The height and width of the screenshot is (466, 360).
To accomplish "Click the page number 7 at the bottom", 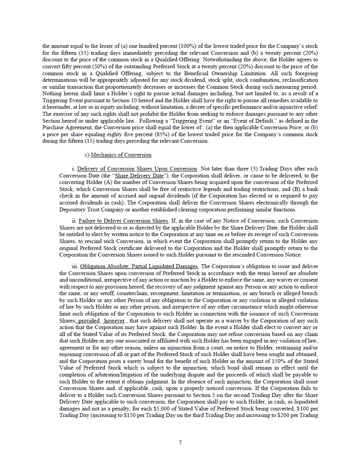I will (180, 442).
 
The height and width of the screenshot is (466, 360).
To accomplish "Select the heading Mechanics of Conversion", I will (121, 155).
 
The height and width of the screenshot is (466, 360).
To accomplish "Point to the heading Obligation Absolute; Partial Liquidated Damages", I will (139, 266).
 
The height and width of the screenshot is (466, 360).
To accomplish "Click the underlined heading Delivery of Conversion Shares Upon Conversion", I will (138, 169).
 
